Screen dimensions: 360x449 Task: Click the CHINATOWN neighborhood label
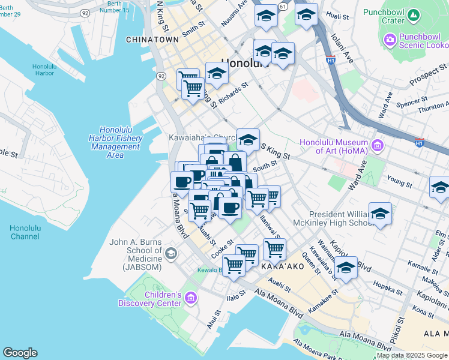[x=152, y=40]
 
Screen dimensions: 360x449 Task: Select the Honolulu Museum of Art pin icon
[x=378, y=145]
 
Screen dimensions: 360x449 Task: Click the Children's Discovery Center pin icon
[x=191, y=298]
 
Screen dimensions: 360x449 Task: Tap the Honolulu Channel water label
[x=25, y=232]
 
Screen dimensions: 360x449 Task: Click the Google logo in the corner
[x=20, y=353]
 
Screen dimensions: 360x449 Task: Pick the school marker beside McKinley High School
[x=380, y=214]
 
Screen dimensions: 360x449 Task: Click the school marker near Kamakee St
[x=346, y=268]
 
